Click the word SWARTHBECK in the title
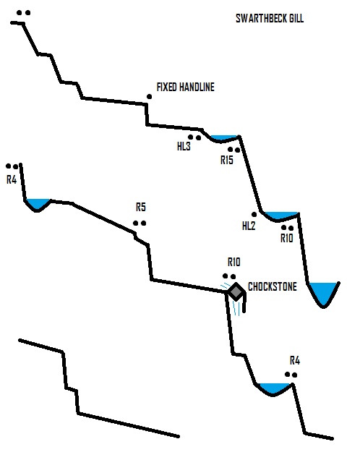pyautogui.click(x=262, y=18)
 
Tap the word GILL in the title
pyautogui.click(x=296, y=18)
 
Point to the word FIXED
pyautogui.click(x=166, y=88)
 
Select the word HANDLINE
pyautogui.click(x=197, y=88)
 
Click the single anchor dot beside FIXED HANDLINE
pyautogui.click(x=149, y=96)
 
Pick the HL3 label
pyautogui.click(x=184, y=146)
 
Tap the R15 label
pyautogui.click(x=227, y=160)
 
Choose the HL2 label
pyautogui.click(x=249, y=226)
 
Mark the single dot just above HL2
pyautogui.click(x=254, y=215)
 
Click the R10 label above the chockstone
pyautogui.click(x=234, y=262)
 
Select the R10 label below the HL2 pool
pyautogui.click(x=287, y=239)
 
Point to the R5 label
pyautogui.click(x=141, y=208)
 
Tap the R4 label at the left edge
pyautogui.click(x=12, y=180)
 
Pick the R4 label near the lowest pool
pyautogui.click(x=295, y=360)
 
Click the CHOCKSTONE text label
pyautogui.click(x=273, y=286)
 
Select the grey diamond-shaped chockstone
pyautogui.click(x=236, y=291)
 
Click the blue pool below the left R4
pyautogui.click(x=37, y=204)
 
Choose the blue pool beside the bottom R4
pyautogui.click(x=274, y=388)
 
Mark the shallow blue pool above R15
pyautogui.click(x=223, y=138)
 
